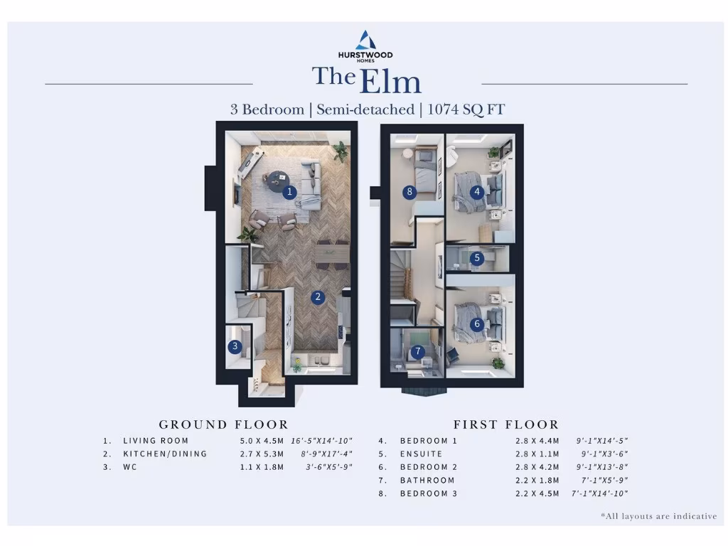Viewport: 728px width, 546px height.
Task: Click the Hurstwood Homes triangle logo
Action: pos(365,40)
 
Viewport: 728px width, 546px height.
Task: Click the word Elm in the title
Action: pos(390,82)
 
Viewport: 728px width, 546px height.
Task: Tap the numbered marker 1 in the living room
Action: pos(289,191)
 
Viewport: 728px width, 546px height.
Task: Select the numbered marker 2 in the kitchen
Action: pos(318,298)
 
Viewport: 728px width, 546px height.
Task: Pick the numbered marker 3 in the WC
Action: pos(235,347)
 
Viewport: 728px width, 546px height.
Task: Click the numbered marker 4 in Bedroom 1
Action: pos(476,191)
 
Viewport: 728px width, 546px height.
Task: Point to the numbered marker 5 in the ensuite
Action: pos(476,259)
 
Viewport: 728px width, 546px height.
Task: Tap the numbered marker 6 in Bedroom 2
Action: pos(476,324)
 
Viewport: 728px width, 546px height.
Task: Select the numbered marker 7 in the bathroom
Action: pos(417,351)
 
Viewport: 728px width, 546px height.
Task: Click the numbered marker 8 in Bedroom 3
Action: pos(409,191)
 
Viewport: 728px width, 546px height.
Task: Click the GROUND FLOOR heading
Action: pos(223,424)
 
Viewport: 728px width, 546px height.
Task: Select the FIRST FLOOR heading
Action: pos(506,424)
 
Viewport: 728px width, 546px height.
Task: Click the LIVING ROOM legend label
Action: pos(156,441)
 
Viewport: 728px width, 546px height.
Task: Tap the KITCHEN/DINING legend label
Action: pos(164,454)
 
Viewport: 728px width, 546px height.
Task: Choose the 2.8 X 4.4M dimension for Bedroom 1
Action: pos(537,441)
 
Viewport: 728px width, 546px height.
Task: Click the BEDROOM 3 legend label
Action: pos(429,493)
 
